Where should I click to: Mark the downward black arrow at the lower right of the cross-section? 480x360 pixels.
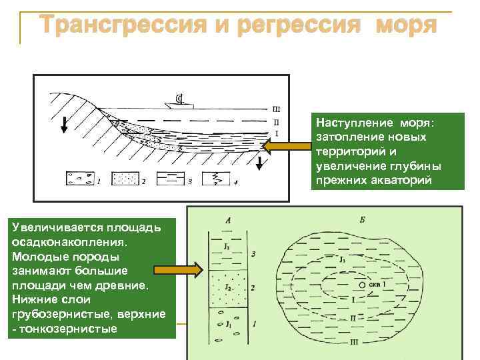pyautogui.click(x=259, y=162)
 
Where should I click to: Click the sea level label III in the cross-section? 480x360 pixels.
pyautogui.click(x=276, y=109)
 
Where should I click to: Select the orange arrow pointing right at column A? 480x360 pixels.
pyautogui.click(x=177, y=270)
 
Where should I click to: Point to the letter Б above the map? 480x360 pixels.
pyautogui.click(x=361, y=219)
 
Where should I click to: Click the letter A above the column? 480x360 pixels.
pyautogui.click(x=229, y=219)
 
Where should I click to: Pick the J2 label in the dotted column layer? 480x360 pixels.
pyautogui.click(x=227, y=286)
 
